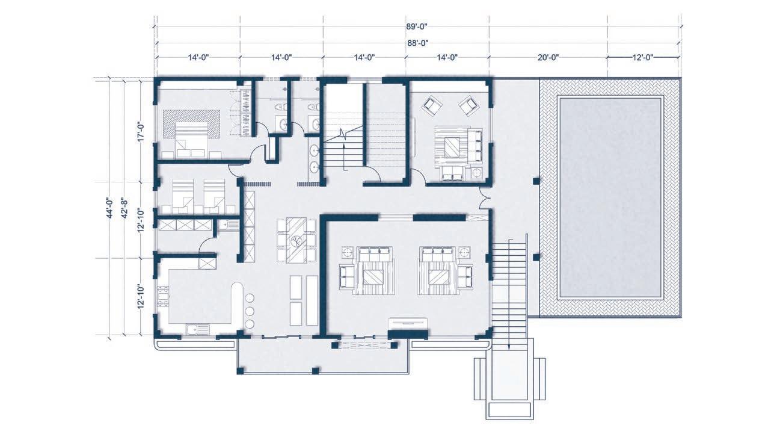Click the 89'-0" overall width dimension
(417, 26)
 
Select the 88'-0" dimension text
(417, 43)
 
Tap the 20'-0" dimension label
(548, 57)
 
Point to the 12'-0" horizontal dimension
(643, 57)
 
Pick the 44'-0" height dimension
(109, 208)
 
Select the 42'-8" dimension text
(125, 208)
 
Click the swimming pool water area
(610, 198)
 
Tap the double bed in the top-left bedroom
(191, 140)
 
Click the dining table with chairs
(296, 240)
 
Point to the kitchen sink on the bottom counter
(197, 330)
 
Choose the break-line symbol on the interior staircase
(343, 133)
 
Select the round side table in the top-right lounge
(476, 173)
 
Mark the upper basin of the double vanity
(314, 150)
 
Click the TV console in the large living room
(408, 323)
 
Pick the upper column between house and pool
(536, 181)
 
